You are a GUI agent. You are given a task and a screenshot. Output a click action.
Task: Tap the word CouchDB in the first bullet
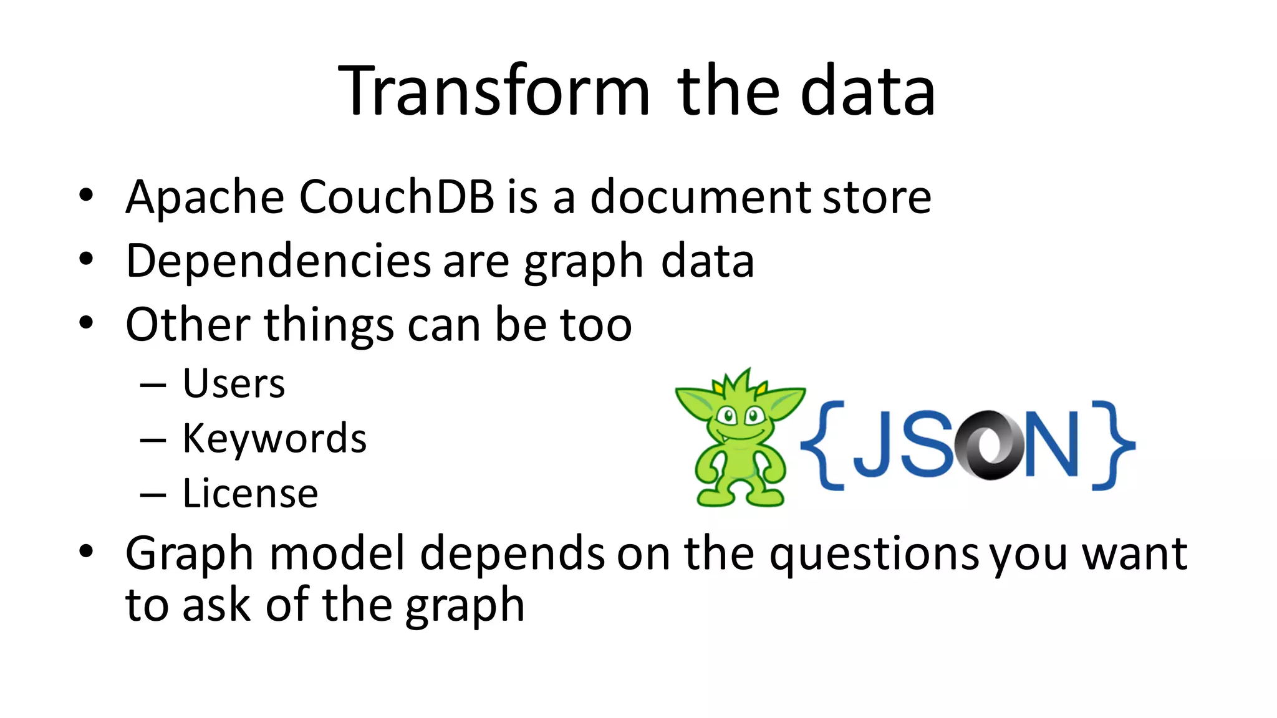point(397,197)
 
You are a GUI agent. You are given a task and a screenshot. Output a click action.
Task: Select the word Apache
point(205,197)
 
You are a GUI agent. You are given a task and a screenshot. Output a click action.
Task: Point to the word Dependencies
point(278,261)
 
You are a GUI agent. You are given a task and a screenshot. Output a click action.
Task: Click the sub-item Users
point(234,383)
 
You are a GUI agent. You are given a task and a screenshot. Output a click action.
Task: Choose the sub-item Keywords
point(274,438)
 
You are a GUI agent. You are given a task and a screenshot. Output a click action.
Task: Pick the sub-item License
point(250,494)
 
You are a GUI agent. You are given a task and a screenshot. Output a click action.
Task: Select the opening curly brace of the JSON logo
point(822,445)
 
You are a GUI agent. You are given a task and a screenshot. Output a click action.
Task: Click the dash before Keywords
point(153,440)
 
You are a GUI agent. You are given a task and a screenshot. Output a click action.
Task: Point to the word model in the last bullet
point(337,553)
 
